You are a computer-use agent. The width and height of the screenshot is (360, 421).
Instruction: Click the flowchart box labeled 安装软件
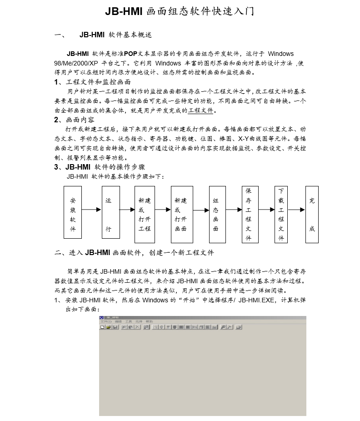[x=73, y=212]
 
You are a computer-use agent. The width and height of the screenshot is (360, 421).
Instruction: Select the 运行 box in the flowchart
[x=111, y=212]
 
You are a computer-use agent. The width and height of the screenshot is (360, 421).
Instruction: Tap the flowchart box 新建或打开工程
[x=145, y=212]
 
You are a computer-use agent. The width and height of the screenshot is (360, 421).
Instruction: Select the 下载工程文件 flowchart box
[x=281, y=214]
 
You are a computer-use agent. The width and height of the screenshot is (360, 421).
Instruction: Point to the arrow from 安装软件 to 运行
[x=92, y=210]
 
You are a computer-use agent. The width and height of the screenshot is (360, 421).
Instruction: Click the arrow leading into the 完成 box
[x=296, y=210]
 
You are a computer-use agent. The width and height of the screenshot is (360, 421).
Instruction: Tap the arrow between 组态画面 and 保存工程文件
[x=233, y=210]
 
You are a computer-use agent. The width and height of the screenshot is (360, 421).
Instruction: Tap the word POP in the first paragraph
[x=130, y=54]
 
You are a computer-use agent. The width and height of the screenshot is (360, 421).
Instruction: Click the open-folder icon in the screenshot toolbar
[x=109, y=327]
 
